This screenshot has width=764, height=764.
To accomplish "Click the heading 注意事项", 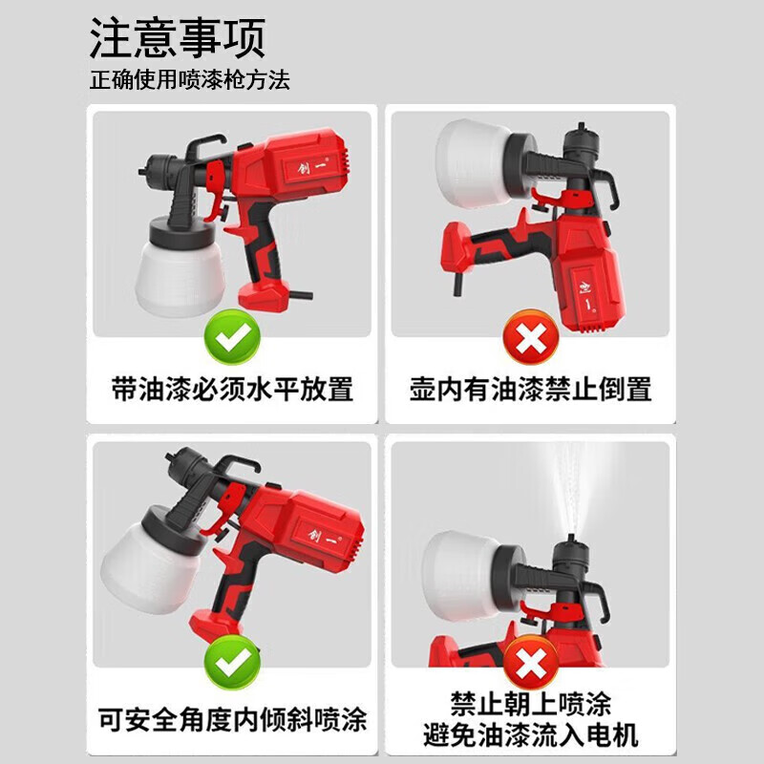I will coord(178,37).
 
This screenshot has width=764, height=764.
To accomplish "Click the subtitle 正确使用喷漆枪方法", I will coord(189,80).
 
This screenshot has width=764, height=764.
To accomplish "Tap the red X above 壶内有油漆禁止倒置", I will coord(530,337).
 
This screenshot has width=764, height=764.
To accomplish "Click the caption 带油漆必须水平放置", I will coord(233,389).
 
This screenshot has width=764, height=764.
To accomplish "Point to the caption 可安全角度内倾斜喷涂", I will coord(233,718).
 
